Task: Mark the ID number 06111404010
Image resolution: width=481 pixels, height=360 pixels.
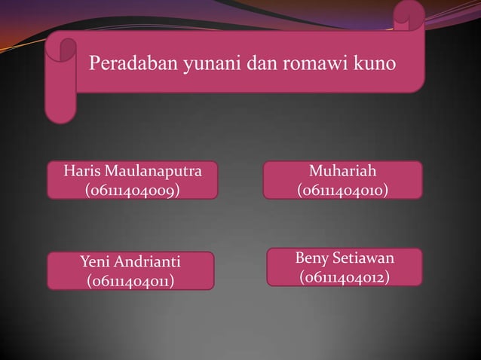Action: click(x=343, y=191)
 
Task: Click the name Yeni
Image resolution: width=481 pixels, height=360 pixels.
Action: click(x=96, y=263)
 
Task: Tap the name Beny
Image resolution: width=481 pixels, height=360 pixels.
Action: click(x=311, y=260)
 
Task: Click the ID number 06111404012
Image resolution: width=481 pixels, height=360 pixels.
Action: click(x=344, y=279)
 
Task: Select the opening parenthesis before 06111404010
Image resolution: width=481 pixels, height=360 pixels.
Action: click(x=300, y=191)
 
